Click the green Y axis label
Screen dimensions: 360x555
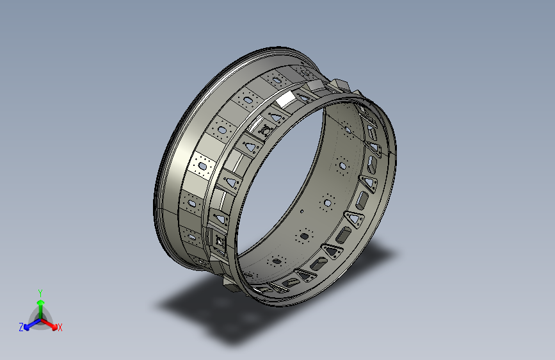click(x=40, y=291)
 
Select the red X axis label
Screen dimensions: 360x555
click(x=60, y=327)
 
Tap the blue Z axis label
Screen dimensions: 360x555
click(x=21, y=327)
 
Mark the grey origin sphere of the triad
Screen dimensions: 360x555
click(x=40, y=319)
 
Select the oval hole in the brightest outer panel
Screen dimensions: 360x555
click(x=202, y=167)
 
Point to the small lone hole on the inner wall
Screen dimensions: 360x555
click(x=301, y=210)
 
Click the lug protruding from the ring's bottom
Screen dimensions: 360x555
click(x=229, y=284)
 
